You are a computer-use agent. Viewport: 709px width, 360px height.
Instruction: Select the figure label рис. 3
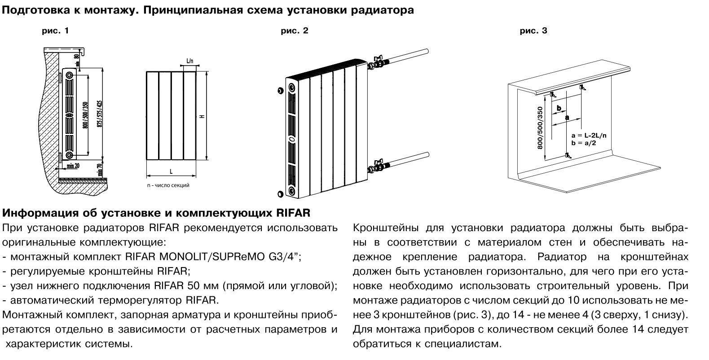coord(534,31)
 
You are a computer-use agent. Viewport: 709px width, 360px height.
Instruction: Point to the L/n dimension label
coord(189,61)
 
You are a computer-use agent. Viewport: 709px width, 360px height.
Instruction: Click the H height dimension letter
coord(203,116)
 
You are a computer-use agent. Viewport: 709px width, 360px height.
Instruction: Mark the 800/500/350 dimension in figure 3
coord(540,128)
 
